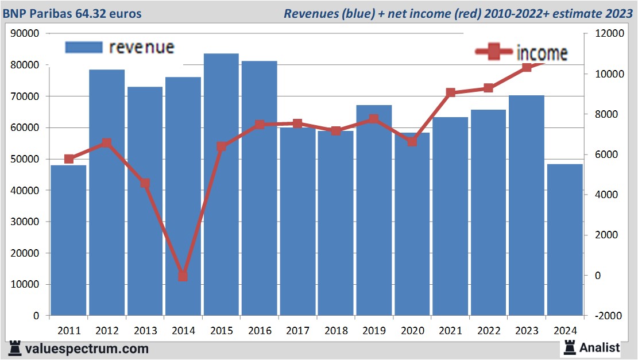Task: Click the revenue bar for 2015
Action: click(221, 184)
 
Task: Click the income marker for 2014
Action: click(183, 276)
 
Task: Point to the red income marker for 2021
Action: click(450, 92)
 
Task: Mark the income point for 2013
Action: click(145, 184)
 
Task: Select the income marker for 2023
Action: click(527, 68)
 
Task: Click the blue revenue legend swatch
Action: click(84, 47)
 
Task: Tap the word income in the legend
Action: click(542, 53)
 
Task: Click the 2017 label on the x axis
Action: click(297, 331)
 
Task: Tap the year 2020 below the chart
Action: click(412, 331)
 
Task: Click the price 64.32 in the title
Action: click(91, 13)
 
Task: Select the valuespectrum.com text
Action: click(86, 349)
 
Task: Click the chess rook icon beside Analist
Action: click(570, 347)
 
